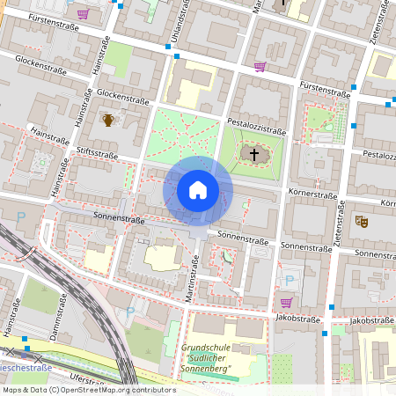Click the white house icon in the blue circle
pos(197,190)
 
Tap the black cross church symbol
pos(255,155)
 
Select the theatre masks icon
pos(360,221)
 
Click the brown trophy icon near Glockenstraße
pos(108,119)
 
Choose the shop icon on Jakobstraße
pos(285,302)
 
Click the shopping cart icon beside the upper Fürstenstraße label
pos(83,14)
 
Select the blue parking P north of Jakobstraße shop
pos(289,282)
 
